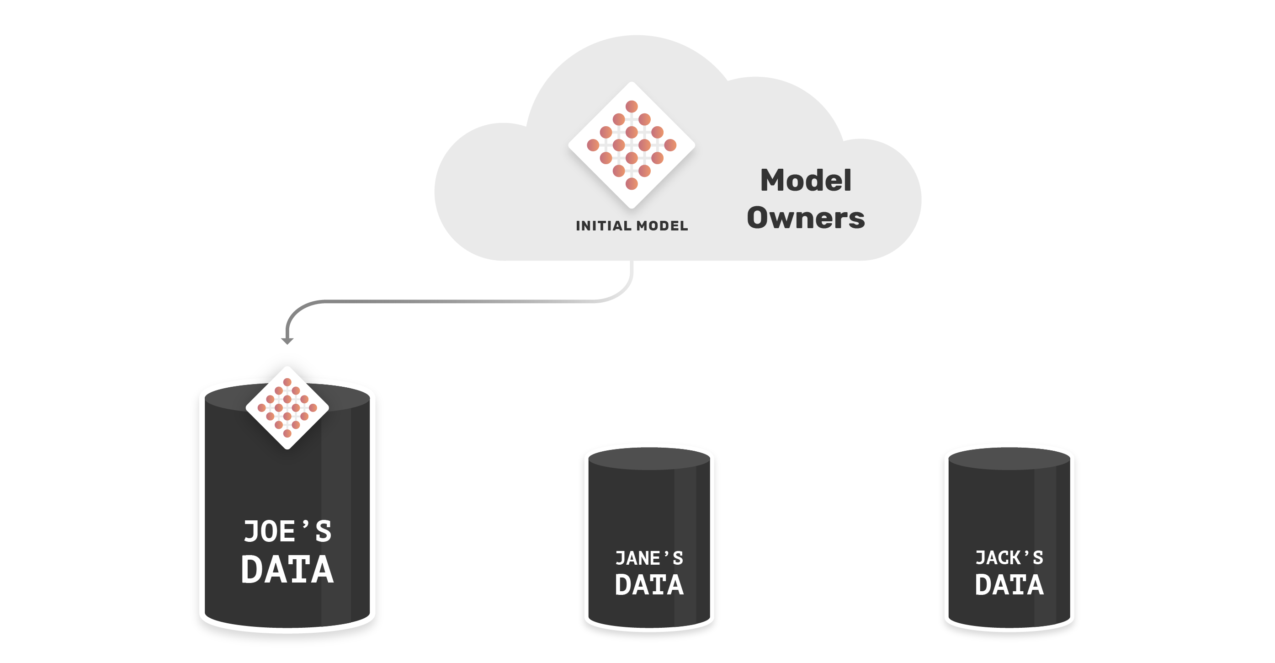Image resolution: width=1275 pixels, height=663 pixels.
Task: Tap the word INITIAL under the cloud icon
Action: pos(603,226)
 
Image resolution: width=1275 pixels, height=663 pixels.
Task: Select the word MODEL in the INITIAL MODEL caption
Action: pos(662,226)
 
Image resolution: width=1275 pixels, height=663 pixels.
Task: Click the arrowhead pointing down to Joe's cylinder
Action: pos(287,341)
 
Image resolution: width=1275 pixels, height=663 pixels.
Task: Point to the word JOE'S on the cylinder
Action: pos(287,531)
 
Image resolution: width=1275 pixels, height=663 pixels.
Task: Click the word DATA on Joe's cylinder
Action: pos(287,569)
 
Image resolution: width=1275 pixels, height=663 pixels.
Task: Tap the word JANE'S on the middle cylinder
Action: pos(649,558)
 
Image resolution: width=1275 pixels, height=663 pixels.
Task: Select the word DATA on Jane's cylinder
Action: pos(649,585)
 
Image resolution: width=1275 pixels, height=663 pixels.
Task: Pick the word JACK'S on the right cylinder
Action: pos(1009,557)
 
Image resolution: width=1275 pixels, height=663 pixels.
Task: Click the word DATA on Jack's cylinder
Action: pos(1009,585)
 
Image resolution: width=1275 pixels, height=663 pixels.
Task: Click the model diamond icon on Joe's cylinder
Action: pos(287,407)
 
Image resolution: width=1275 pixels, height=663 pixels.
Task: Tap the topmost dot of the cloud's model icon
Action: pos(632,107)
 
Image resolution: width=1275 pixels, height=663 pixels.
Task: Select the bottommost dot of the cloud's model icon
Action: pos(632,184)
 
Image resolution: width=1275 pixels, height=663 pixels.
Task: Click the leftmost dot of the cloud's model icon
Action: pos(593,145)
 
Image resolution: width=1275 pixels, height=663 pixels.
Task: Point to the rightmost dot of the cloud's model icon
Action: pos(670,145)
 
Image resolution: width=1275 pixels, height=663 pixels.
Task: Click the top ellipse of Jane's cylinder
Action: pos(649,459)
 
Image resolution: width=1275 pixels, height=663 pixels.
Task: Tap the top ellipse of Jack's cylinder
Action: pos(1009,459)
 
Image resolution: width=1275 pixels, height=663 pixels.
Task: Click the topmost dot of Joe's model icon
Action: pos(287,382)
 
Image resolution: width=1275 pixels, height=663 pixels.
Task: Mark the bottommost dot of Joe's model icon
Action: pos(287,433)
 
